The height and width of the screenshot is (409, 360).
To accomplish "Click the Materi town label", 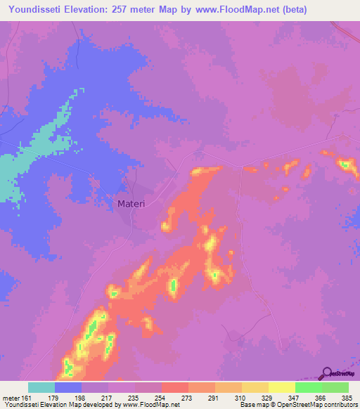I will click(130, 204).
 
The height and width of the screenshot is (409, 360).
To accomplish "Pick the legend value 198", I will click(80, 397).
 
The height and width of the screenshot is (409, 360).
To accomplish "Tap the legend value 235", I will click(134, 397).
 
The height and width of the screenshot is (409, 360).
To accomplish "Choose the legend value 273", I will click(187, 397).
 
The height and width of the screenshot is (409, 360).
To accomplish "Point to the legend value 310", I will click(240, 397).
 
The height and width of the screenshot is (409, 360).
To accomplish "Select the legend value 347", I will click(294, 397).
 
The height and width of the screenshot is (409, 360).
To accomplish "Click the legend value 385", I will click(347, 397).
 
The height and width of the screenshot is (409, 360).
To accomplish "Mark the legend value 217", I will click(107, 397).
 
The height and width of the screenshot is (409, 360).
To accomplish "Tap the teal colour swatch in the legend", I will click(41, 387).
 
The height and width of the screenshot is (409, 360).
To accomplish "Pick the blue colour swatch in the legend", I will click(68, 387).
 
